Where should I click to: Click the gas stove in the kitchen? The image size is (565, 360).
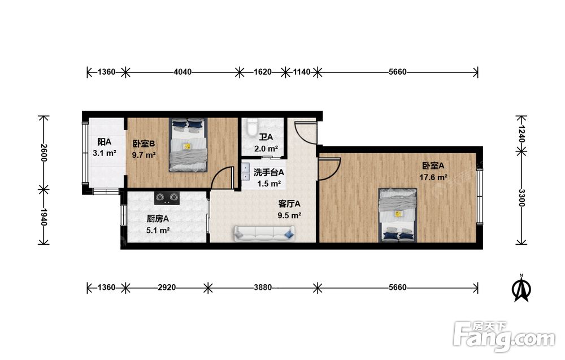(x=167, y=197)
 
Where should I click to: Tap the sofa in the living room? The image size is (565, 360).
(x=264, y=233)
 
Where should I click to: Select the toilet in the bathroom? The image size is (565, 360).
(x=251, y=127)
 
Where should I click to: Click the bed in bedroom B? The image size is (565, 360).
(x=188, y=145)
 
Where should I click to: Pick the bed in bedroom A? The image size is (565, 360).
(x=397, y=215)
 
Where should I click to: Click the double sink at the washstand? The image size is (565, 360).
(x=246, y=172)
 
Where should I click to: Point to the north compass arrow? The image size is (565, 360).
(x=521, y=288)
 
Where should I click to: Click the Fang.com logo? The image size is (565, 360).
(x=505, y=336)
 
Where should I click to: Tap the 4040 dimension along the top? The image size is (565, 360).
(x=182, y=72)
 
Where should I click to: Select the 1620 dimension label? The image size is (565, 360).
(x=262, y=72)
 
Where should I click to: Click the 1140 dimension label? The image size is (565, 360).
(x=301, y=72)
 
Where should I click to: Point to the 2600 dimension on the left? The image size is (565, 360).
(x=44, y=153)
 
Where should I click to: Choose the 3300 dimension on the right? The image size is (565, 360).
(x=521, y=198)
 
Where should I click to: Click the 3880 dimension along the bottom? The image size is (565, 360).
(x=263, y=287)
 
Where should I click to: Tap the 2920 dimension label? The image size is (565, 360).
(x=167, y=287)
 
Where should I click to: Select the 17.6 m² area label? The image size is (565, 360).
(x=433, y=177)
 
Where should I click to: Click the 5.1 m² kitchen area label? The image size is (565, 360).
(x=158, y=230)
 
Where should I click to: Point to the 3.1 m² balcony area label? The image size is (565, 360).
(x=104, y=153)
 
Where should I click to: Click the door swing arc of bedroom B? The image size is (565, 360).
(x=220, y=175)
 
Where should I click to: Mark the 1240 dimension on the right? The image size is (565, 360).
(x=521, y=134)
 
